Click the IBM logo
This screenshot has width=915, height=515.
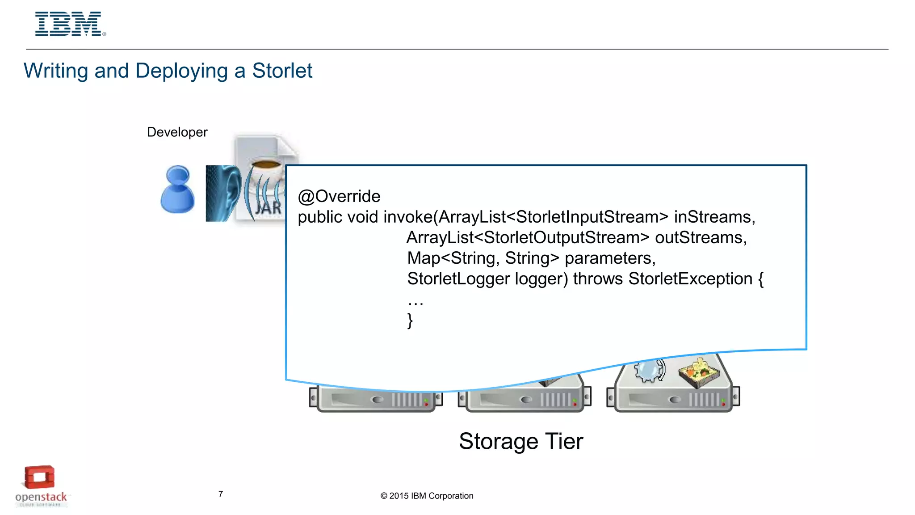point(70,24)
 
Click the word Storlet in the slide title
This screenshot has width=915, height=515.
point(282,71)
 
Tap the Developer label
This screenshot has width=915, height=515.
point(177,132)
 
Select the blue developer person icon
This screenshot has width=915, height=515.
point(177,190)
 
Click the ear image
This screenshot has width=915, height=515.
point(223,193)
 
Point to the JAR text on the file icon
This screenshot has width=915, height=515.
point(269,208)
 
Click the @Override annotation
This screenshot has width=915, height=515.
point(339,196)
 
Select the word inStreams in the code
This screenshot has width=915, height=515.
point(714,217)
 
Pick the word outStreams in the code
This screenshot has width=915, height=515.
point(700,237)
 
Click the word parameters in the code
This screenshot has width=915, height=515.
point(609,258)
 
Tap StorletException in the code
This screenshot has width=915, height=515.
point(690,279)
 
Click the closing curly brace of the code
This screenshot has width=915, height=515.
point(410,321)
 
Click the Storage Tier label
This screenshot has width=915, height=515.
point(521,441)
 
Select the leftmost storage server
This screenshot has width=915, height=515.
point(375,398)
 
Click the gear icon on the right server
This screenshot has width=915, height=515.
point(649,370)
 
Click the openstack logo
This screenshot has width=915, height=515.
point(41,486)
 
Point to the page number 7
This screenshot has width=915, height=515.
point(221,494)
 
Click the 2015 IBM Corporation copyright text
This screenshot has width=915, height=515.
point(427,496)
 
